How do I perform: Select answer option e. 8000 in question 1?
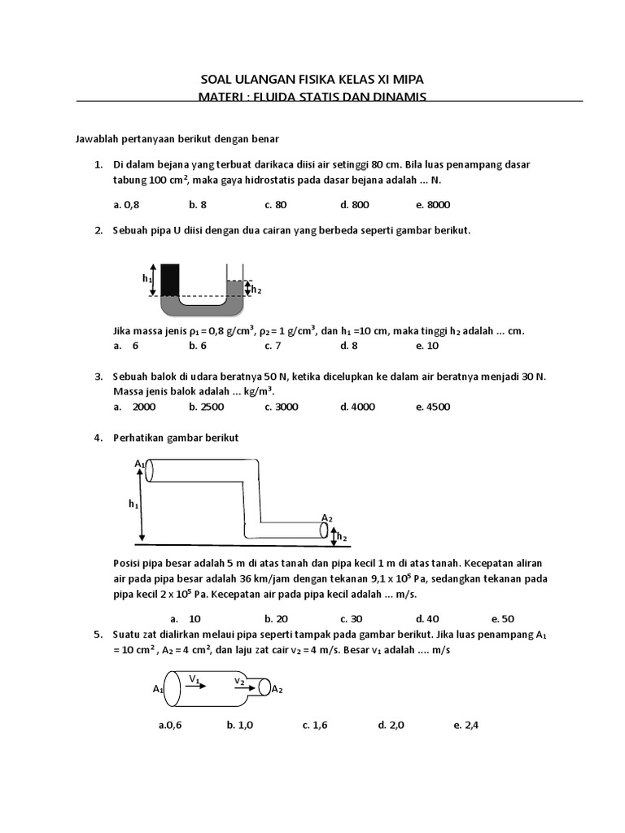click(x=432, y=205)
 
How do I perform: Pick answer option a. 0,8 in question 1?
click(x=126, y=205)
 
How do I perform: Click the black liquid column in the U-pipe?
click(x=170, y=279)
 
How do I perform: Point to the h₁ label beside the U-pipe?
click(x=147, y=278)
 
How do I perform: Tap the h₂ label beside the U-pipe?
click(x=256, y=289)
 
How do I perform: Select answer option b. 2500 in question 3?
click(x=207, y=407)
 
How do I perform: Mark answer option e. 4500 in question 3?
click(x=433, y=407)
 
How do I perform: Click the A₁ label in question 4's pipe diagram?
click(x=139, y=464)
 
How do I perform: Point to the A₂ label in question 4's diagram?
click(x=326, y=518)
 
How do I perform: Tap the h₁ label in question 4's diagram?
click(x=133, y=504)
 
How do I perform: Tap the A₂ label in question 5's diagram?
click(x=277, y=690)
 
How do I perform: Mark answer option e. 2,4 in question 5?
click(x=466, y=725)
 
